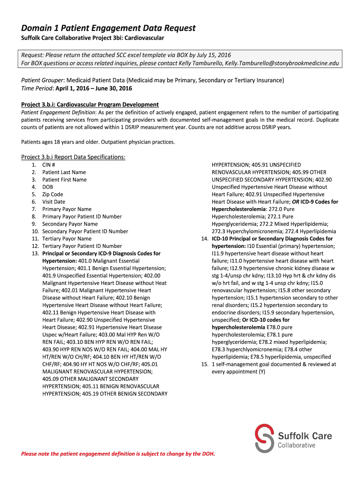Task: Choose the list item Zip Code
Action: click(x=52, y=194)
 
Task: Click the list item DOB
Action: click(x=48, y=187)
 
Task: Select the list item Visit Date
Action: click(x=54, y=202)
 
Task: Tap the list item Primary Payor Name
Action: click(x=67, y=209)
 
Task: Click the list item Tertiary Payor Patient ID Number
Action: click(x=82, y=246)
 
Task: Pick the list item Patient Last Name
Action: click(x=64, y=172)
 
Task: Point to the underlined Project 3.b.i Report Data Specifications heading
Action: click(x=73, y=157)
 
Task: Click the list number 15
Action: click(x=203, y=364)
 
